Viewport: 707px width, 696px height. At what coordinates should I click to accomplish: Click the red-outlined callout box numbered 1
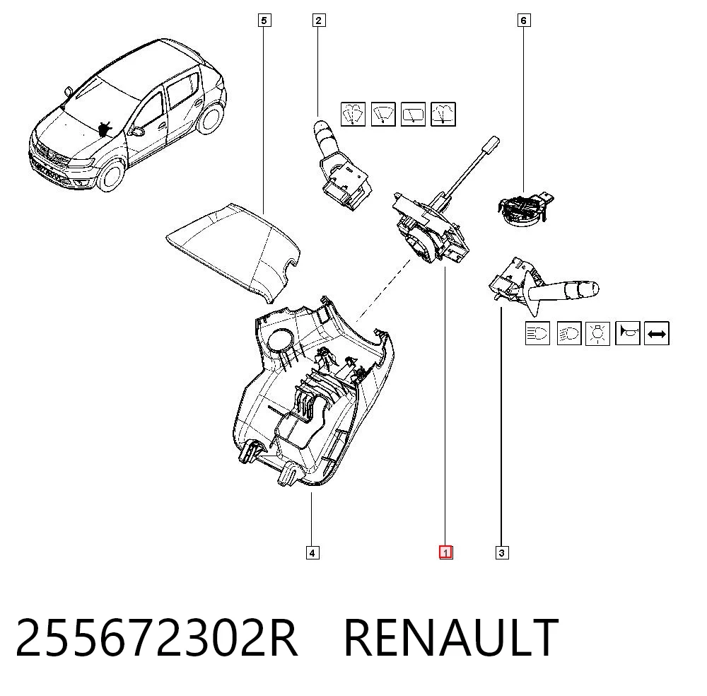click(x=445, y=552)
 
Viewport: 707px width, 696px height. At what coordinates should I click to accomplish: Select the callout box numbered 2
click(x=318, y=21)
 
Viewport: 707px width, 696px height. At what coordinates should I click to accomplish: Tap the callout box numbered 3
click(x=502, y=552)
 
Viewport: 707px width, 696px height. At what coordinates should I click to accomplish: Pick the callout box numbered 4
click(x=312, y=552)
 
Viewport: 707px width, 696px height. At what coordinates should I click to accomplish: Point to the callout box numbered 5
click(x=264, y=21)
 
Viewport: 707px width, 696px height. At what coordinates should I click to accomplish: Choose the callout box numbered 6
click(x=523, y=21)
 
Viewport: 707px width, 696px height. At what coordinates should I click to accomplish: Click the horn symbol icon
click(x=628, y=333)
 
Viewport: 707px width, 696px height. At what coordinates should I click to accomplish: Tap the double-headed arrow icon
click(x=657, y=334)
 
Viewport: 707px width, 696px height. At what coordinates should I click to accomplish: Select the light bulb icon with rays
click(x=597, y=334)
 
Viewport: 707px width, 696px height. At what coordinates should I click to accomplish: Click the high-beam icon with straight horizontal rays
click(x=537, y=333)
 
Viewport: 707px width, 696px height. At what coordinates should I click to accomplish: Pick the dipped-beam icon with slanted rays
click(x=569, y=333)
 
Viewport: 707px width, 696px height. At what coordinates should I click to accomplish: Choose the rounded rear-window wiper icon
click(x=413, y=114)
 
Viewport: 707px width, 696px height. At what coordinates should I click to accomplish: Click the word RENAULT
click(x=451, y=638)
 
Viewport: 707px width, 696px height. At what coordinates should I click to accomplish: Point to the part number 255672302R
click(x=156, y=638)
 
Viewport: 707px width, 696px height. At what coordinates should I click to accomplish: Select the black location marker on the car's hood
click(x=105, y=128)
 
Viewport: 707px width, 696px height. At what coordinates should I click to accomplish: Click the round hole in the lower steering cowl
click(x=280, y=340)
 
